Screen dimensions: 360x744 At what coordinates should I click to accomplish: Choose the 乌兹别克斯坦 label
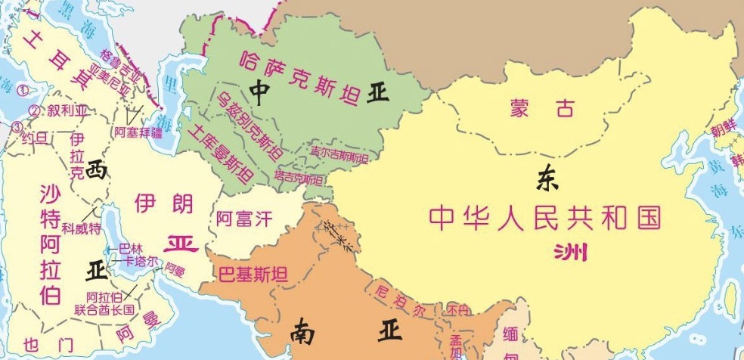(249, 126)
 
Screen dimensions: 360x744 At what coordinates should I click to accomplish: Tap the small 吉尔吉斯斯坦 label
(339, 156)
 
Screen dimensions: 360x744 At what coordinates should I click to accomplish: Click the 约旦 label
(34, 138)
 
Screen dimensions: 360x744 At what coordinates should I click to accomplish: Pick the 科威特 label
(81, 228)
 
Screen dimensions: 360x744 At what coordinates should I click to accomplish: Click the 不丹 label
(457, 310)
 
